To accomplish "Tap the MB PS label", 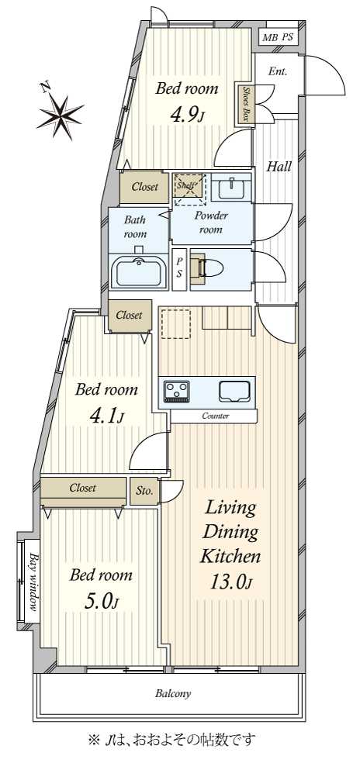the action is [279, 37].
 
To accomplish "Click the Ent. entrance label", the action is [279, 71].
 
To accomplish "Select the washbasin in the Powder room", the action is [231, 188].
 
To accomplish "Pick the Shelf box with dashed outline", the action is [189, 188].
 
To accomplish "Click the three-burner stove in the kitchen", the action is [178, 392].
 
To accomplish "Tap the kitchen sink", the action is [234, 392].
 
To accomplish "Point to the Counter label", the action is [216, 416].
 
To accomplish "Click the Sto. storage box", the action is [144, 491].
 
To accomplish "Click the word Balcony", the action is [173, 693].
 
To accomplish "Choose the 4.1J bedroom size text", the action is [106, 416].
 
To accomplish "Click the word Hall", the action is [279, 167].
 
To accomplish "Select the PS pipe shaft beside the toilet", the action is [179, 270].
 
